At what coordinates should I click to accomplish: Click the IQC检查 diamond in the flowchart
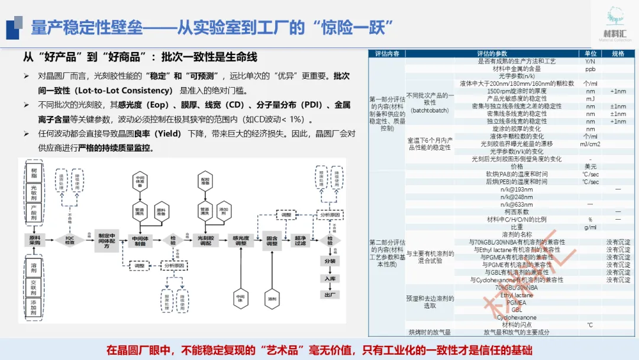(x=70, y=240)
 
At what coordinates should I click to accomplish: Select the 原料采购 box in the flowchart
(x=34, y=240)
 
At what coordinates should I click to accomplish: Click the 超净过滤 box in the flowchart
(x=300, y=240)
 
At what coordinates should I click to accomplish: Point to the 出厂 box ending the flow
(x=330, y=294)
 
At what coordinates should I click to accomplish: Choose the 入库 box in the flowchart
(x=330, y=278)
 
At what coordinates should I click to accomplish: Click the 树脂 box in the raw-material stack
(x=34, y=176)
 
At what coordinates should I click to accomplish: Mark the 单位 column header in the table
(x=590, y=53)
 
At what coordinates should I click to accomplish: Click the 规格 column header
(x=618, y=53)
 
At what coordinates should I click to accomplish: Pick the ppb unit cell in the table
(x=590, y=69)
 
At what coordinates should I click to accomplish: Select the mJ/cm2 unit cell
(x=590, y=144)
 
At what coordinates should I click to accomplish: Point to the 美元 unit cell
(x=590, y=167)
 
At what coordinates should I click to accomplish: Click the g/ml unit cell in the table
(x=590, y=227)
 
